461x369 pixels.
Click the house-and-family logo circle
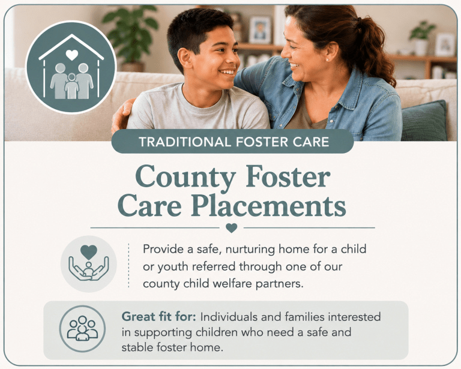[71, 67]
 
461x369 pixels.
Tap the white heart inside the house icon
[72, 55]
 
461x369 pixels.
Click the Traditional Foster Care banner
[232, 142]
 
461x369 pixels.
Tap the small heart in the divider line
[232, 227]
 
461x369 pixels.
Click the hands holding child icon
[88, 263]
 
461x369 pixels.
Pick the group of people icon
[82, 328]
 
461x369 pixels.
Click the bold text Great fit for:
[158, 317]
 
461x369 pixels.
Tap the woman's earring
[327, 59]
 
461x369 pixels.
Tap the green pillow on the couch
[424, 121]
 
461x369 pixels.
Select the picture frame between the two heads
[259, 30]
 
